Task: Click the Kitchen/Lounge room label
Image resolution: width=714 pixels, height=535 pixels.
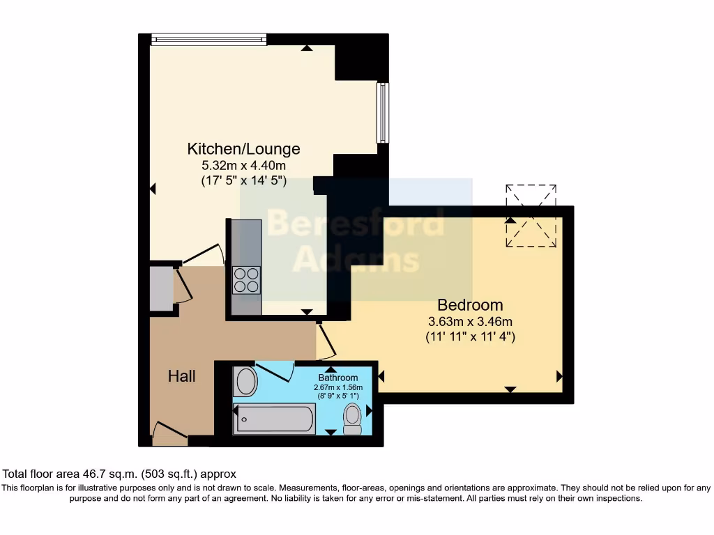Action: [243, 148]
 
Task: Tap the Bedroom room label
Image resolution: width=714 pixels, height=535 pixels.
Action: [470, 304]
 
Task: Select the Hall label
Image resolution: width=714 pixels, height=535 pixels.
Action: [181, 376]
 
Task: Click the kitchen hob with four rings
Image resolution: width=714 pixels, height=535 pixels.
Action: [246, 280]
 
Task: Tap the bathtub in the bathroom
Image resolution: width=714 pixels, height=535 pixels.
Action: [274, 419]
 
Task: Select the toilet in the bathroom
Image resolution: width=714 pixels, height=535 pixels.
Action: [353, 419]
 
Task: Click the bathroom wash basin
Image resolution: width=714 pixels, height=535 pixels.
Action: [245, 382]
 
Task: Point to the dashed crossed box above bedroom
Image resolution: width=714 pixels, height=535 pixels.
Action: [531, 216]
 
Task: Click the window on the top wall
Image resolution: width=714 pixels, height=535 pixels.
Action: [208, 40]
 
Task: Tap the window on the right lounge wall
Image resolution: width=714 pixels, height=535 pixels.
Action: [382, 113]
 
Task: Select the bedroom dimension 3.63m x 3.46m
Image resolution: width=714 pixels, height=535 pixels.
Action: [470, 322]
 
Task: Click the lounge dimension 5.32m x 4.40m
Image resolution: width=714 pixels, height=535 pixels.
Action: [243, 166]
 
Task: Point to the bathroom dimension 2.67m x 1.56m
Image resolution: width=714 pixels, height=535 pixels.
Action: [338, 388]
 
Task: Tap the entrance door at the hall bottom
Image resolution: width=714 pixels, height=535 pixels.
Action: [169, 433]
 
